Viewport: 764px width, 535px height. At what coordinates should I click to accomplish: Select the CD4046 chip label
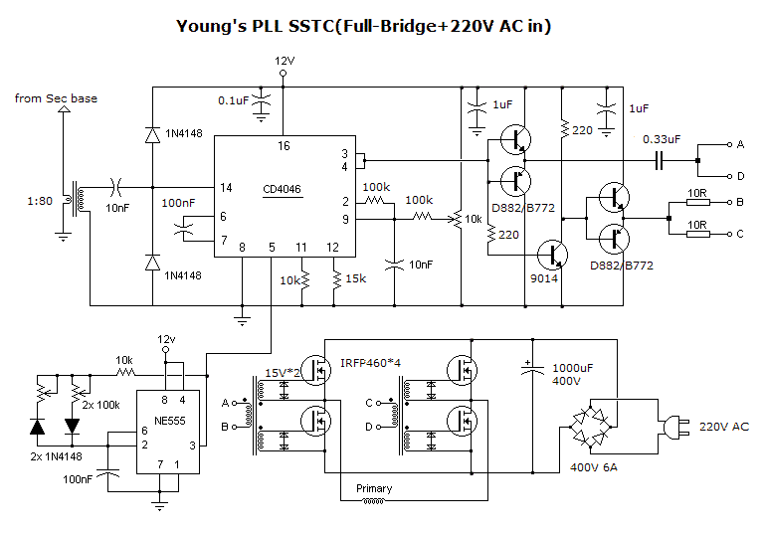284,189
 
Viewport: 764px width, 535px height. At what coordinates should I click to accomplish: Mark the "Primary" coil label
374,488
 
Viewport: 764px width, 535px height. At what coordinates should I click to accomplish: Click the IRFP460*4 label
372,363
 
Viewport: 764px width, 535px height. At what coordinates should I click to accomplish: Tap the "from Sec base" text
56,98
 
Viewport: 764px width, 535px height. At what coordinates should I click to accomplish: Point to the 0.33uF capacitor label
663,139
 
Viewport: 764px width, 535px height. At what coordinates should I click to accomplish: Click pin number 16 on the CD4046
284,146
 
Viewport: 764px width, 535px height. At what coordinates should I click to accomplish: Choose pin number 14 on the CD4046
226,187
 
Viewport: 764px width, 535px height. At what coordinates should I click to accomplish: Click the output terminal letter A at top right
739,144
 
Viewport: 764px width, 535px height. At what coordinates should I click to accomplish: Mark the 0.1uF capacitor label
234,100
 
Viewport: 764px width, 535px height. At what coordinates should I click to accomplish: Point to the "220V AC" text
724,427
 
